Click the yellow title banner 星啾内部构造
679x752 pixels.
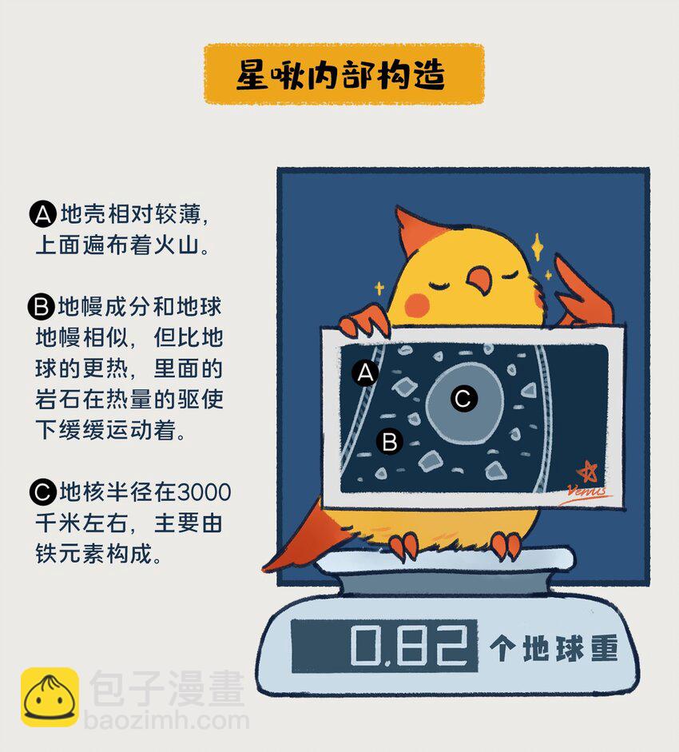click(x=343, y=74)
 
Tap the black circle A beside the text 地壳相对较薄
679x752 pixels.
click(x=43, y=214)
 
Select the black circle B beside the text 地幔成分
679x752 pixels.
click(x=42, y=307)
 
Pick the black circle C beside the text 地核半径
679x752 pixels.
click(x=43, y=492)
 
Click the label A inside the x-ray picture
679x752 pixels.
click(x=365, y=372)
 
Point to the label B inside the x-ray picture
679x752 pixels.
click(x=389, y=441)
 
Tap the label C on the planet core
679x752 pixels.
click(x=463, y=398)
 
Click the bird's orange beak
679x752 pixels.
click(x=480, y=281)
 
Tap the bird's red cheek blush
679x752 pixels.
click(x=416, y=304)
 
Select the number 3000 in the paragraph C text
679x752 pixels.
click(x=204, y=492)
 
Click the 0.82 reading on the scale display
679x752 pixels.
click(x=408, y=646)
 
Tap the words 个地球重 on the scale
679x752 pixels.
click(x=554, y=648)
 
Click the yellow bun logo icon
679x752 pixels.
click(x=50, y=697)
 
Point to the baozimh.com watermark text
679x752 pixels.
click(x=166, y=721)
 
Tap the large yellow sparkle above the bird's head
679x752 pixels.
click(x=538, y=246)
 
